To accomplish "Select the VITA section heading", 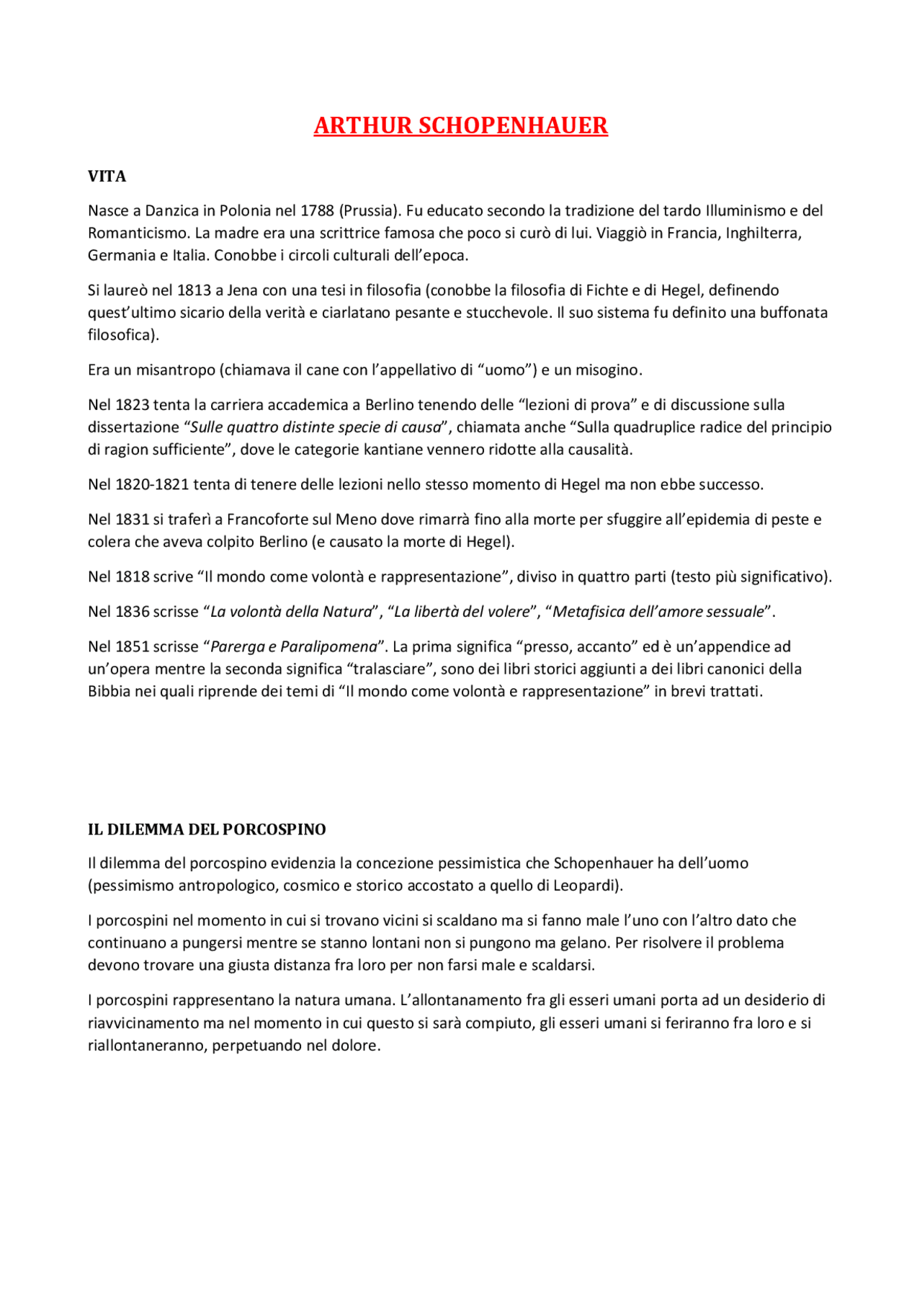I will pos(107,177).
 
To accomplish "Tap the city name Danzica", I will pos(171,210).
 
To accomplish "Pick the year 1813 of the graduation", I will pos(194,290).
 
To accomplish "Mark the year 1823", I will pos(132,405).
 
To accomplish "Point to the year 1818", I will pos(132,577).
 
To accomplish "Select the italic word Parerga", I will pos(236,647).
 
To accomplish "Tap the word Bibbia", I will pos(109,692).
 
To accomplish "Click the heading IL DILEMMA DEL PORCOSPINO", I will pos(207,829).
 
